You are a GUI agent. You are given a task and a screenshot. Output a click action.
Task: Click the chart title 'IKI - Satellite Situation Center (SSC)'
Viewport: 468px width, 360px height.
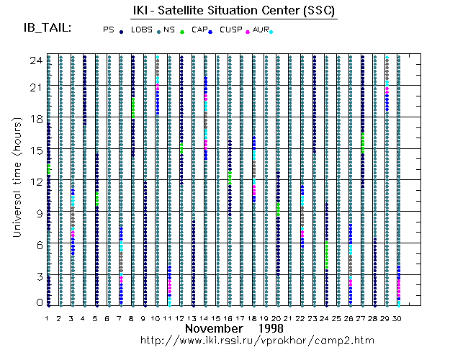[235, 11]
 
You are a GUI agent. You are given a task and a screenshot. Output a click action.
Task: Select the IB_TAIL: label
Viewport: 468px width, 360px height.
[48, 27]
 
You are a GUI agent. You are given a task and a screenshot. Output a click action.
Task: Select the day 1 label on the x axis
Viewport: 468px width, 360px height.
[48, 318]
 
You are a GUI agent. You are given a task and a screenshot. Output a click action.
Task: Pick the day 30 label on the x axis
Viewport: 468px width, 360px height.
[397, 318]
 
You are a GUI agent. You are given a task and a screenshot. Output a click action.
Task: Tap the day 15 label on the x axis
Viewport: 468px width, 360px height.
[217, 318]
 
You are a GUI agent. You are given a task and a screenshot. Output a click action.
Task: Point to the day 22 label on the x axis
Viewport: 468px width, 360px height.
[301, 318]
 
